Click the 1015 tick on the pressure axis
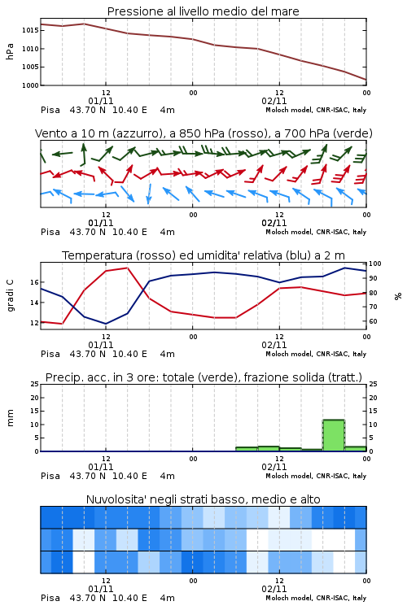coord(30,30)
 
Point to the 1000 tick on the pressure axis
coord(30,85)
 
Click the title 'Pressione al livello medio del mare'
coord(203,11)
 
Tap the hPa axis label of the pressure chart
coord(10,51)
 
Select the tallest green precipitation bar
coord(334,435)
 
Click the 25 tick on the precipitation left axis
coord(35,384)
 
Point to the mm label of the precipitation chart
coord(10,418)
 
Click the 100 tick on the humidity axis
coord(375,264)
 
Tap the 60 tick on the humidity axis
coord(373,321)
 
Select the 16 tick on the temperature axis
coord(34,282)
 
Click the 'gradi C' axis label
coord(10,296)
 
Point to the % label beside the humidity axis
coord(398,296)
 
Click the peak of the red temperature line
coord(127,268)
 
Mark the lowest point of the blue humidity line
coord(106,324)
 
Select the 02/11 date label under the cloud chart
coord(274,589)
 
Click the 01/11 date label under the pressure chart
coord(101,101)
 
